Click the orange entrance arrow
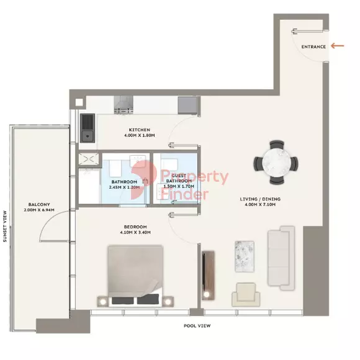[x=338, y=46]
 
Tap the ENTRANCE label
[x=313, y=47]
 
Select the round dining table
[x=276, y=163]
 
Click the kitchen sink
[x=88, y=128]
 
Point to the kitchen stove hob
[x=124, y=105]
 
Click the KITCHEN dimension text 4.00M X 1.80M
[x=140, y=135]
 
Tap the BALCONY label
[x=39, y=204]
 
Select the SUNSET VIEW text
[x=5, y=227]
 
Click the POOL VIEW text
[x=197, y=326]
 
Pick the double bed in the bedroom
[x=135, y=276]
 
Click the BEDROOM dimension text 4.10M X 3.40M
[x=135, y=232]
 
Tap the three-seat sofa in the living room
[x=281, y=258]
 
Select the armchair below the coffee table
[x=246, y=295]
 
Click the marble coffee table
[x=245, y=256]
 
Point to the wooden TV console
[x=208, y=276]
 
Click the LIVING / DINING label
[x=260, y=199]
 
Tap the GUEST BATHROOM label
[x=179, y=178]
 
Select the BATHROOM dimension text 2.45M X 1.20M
[x=124, y=187]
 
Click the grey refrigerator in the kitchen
[x=187, y=105]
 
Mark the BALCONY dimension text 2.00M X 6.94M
[x=39, y=210]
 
